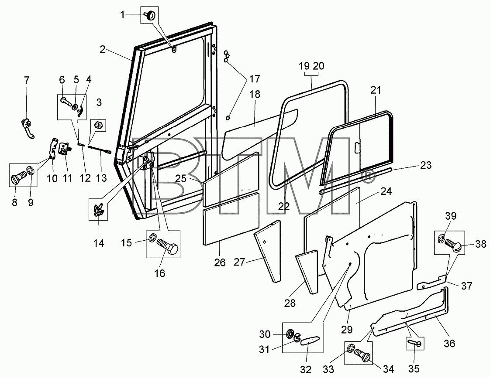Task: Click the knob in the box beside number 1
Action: [150, 14]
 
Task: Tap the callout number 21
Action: [376, 90]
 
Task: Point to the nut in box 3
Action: [98, 126]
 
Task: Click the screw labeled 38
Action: [452, 243]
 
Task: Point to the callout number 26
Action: [220, 262]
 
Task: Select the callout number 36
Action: [449, 344]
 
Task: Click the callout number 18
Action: [255, 94]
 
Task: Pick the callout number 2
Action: [103, 49]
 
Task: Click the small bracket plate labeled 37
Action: [431, 282]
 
